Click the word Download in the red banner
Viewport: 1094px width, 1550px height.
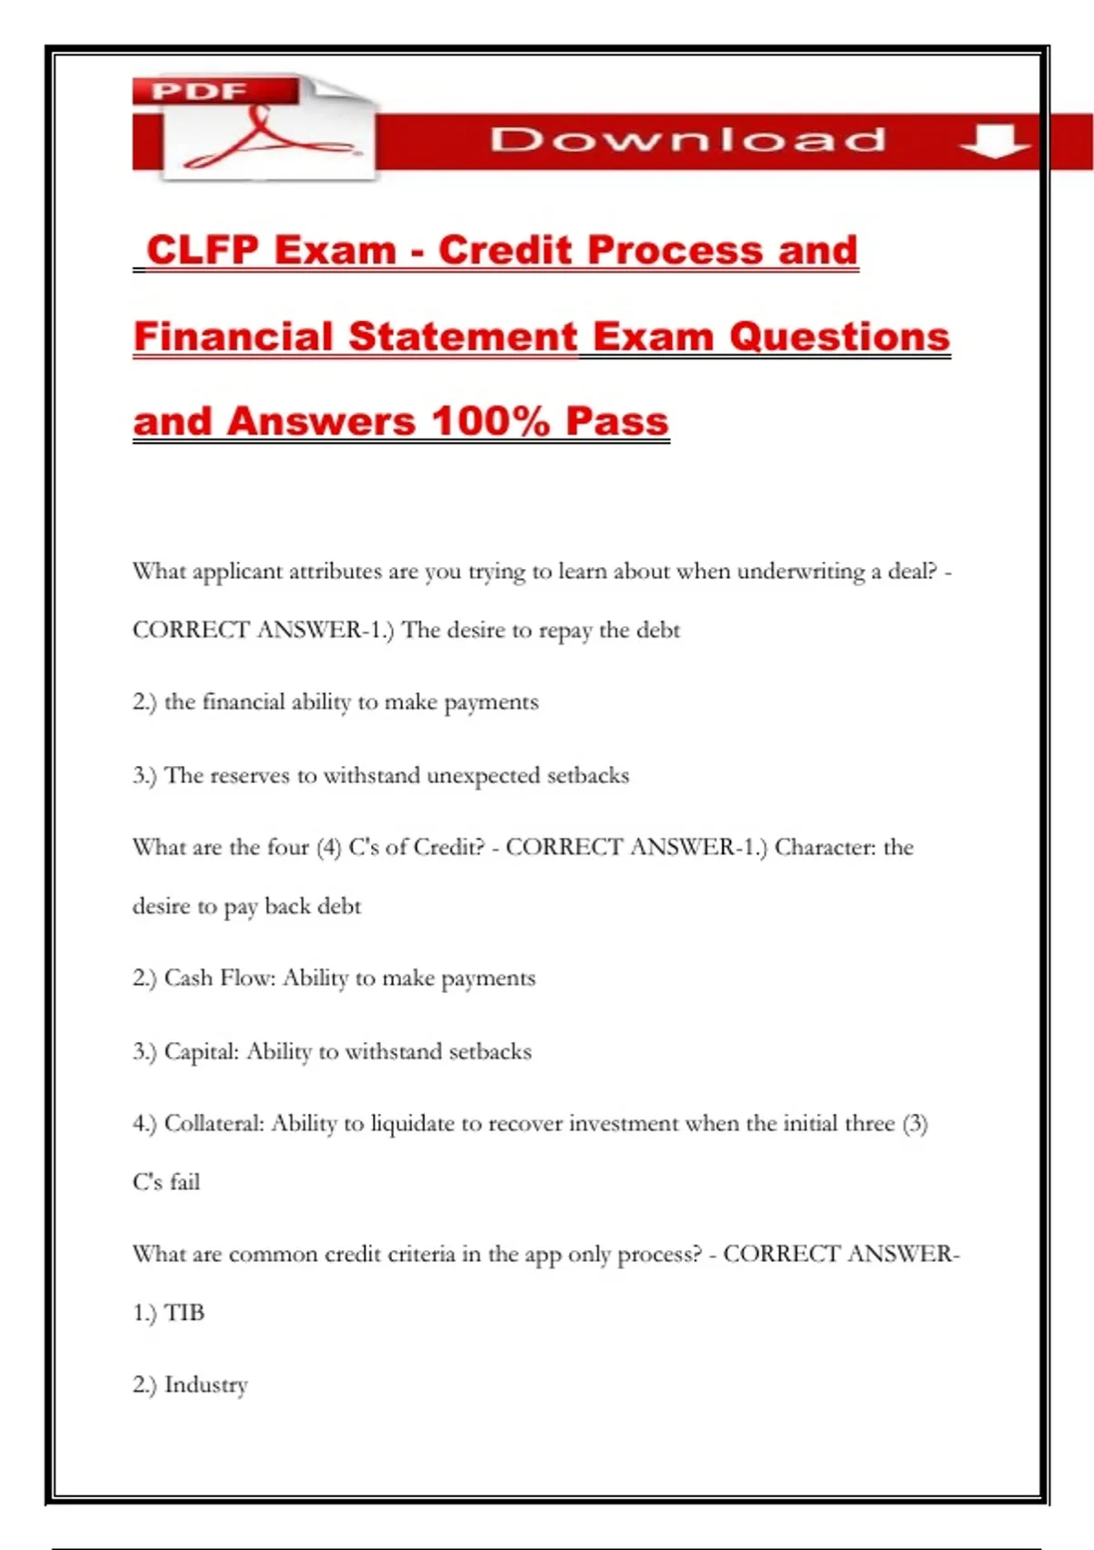(688, 139)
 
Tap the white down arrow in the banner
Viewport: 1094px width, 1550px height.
(994, 140)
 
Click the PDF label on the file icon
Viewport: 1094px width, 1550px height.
(199, 92)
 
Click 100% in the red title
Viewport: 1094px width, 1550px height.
(490, 421)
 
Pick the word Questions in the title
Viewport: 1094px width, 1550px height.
(839, 336)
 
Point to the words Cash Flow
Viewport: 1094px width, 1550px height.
(219, 978)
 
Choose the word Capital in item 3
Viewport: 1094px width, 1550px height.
(201, 1051)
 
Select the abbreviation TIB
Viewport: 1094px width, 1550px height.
(184, 1313)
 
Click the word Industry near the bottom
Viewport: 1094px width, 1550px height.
(206, 1385)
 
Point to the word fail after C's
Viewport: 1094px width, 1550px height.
(184, 1183)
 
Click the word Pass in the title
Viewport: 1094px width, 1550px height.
(616, 421)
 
